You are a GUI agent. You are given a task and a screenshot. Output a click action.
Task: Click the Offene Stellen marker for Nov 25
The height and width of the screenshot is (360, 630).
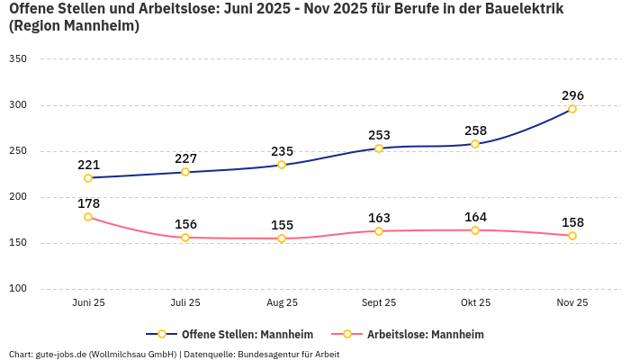pos(572,109)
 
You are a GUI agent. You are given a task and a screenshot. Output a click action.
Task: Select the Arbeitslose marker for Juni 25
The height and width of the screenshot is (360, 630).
pos(88,217)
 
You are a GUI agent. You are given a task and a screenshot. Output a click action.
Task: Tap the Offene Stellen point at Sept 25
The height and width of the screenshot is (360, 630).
pos(379,148)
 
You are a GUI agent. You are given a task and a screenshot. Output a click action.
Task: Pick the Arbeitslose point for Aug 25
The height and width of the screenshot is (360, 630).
pos(282,238)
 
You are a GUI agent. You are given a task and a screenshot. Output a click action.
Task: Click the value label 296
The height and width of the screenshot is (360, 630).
pos(572,95)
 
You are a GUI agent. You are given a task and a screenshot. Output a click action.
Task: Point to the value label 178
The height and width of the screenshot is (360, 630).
pos(88,203)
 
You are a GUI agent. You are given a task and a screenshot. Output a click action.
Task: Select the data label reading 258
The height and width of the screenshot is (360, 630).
pos(475,130)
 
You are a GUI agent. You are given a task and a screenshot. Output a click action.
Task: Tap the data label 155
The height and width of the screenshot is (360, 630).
pos(282,225)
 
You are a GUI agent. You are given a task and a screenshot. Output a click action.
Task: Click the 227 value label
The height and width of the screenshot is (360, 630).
pos(185,158)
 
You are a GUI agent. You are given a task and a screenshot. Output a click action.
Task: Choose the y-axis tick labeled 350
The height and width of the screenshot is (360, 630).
pos(18,59)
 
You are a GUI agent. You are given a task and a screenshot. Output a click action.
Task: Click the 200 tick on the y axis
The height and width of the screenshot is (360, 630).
pos(18,197)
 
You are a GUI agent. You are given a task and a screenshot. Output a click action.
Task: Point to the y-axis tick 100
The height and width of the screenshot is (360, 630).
pos(18,289)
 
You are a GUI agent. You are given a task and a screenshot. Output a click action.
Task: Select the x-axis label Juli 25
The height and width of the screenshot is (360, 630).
pos(185,302)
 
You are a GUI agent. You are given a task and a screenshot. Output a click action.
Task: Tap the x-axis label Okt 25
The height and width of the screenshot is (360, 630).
pos(475,302)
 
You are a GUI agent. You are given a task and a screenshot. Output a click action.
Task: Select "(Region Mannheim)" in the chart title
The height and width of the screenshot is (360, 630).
pos(74,27)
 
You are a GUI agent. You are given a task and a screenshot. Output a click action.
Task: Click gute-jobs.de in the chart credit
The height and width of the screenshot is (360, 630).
pos(61,354)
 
